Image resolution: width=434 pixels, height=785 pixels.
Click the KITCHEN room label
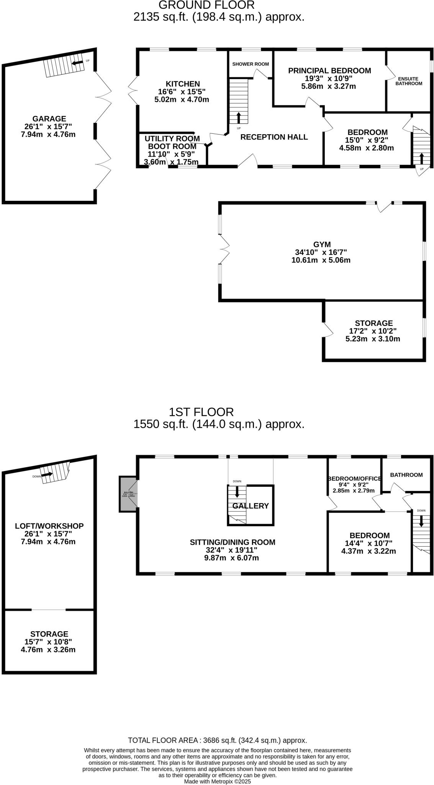click(183, 84)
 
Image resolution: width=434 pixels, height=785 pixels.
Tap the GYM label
click(322, 245)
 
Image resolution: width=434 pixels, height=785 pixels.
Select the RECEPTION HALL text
click(274, 137)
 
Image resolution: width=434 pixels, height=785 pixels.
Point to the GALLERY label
click(251, 506)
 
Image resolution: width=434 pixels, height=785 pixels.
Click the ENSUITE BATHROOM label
click(409, 81)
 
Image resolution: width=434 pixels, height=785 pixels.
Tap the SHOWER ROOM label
click(251, 64)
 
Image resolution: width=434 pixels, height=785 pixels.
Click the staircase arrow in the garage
click(78, 62)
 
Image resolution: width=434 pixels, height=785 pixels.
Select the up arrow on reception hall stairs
click(239, 117)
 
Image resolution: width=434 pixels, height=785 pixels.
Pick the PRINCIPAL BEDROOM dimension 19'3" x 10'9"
click(329, 79)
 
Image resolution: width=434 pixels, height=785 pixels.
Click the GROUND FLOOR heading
click(206, 5)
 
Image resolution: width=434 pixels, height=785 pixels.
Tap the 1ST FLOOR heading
click(201, 412)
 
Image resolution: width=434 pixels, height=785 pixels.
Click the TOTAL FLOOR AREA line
click(217, 740)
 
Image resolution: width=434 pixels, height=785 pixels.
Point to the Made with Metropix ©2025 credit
click(217, 781)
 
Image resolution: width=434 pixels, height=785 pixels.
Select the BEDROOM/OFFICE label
click(354, 478)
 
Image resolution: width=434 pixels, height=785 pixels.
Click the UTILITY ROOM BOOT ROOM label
click(172, 142)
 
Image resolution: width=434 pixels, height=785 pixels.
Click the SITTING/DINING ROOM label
click(233, 542)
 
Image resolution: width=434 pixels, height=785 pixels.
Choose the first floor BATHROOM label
click(406, 475)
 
